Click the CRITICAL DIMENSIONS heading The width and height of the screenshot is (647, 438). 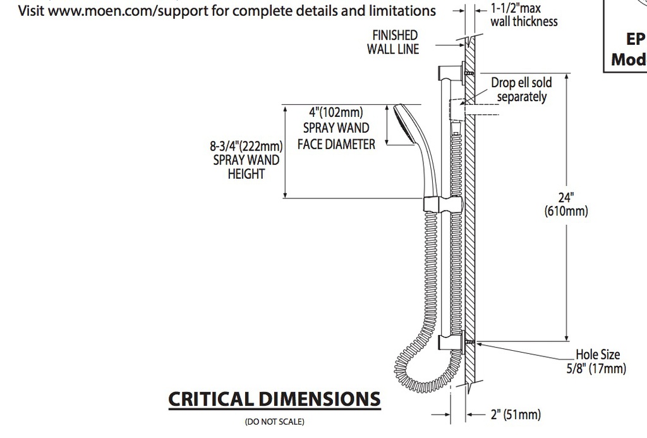click(274, 399)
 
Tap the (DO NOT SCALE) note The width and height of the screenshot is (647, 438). click(274, 422)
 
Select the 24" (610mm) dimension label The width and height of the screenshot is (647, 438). click(566, 204)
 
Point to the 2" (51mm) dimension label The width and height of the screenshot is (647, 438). click(516, 414)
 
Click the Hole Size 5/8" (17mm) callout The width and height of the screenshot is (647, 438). click(596, 362)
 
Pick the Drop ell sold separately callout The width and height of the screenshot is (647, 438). click(521, 90)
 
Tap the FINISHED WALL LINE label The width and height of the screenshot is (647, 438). click(393, 42)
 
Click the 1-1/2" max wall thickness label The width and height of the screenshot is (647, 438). click(524, 15)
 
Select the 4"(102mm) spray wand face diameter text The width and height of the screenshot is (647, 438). click(336, 128)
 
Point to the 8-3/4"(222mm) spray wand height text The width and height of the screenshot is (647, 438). click(246, 160)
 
